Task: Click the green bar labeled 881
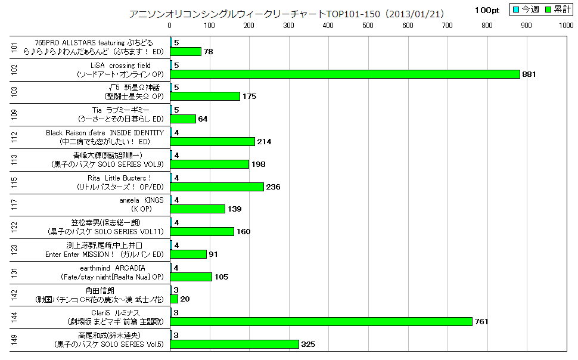(x=345, y=74)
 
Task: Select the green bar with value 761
(x=321, y=321)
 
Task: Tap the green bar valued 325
(x=235, y=344)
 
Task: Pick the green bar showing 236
(x=217, y=187)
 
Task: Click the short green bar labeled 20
(x=174, y=299)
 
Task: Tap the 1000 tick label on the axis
(x=566, y=25)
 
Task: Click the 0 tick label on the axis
(x=170, y=25)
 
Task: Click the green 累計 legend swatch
(x=543, y=10)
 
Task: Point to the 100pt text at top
(x=487, y=10)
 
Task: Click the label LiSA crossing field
(x=121, y=65)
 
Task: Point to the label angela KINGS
(x=142, y=200)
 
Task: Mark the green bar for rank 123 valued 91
(x=188, y=254)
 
